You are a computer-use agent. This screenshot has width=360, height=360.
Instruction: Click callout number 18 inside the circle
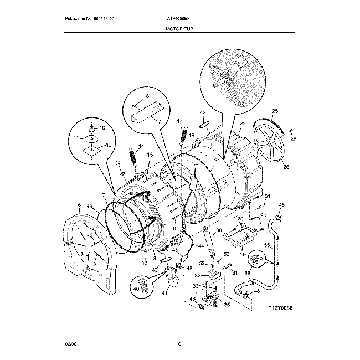pyautogui.click(x=146, y=96)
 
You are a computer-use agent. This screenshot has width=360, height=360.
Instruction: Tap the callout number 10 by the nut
pyautogui.click(x=101, y=128)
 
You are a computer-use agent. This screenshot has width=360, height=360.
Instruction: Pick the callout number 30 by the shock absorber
pyautogui.click(x=219, y=231)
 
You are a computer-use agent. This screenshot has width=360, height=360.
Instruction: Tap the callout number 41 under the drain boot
pyautogui.click(x=164, y=293)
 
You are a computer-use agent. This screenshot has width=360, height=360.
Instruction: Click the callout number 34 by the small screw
pyautogui.click(x=117, y=163)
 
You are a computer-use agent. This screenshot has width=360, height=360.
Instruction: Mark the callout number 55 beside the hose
pyautogui.click(x=266, y=245)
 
